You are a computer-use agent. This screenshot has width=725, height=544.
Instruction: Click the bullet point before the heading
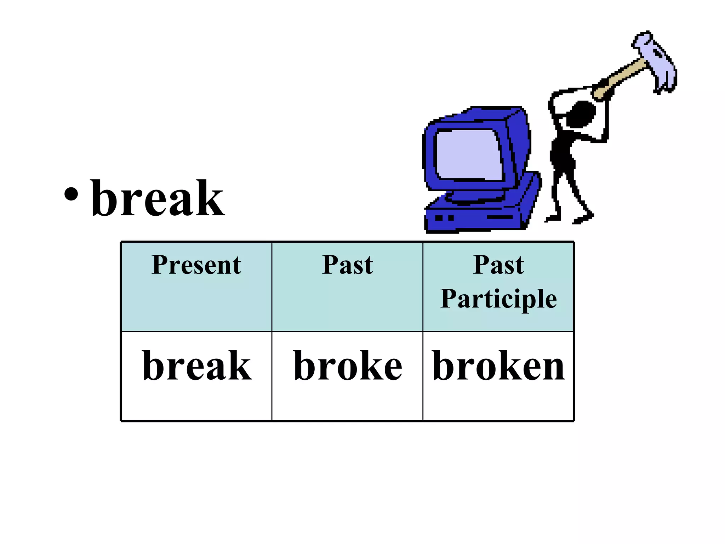click(x=71, y=194)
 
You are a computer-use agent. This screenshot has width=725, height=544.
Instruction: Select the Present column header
click(x=196, y=265)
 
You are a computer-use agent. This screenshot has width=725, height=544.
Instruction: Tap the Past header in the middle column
click(x=347, y=265)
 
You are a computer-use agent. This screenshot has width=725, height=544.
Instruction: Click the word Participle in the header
click(x=498, y=299)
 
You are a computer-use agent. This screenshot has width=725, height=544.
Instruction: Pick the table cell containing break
click(x=197, y=366)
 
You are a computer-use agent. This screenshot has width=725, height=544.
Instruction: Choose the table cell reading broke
click(x=348, y=366)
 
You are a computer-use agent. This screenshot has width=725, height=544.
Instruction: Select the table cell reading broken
click(x=498, y=366)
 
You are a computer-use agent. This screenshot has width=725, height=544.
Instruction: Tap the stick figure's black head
click(x=581, y=113)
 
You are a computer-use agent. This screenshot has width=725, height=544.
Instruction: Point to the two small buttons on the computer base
click(x=445, y=218)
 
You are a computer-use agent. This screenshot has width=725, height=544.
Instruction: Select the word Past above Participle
click(x=498, y=265)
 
